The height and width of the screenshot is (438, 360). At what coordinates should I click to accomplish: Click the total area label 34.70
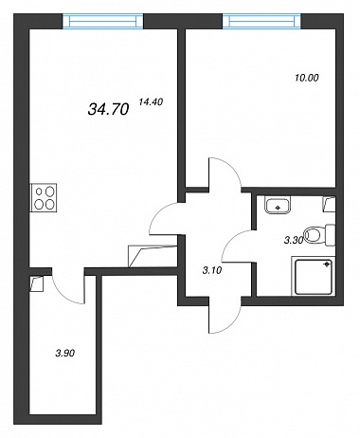pos(108,109)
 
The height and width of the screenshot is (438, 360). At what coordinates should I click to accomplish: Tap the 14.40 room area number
pos(151,101)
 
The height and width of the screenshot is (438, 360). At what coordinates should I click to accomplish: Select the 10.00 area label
pos(307,78)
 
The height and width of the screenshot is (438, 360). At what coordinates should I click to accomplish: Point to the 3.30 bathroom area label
pos(294,241)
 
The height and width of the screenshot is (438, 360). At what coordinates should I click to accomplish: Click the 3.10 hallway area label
pos(212,270)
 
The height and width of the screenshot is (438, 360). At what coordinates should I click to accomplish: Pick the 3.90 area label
pos(65,353)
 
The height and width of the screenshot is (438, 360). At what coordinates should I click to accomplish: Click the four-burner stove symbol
pos(44,198)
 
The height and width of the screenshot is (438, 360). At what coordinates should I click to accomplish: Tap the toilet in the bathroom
pos(320,235)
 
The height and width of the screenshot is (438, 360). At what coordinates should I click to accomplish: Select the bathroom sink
pos(278,206)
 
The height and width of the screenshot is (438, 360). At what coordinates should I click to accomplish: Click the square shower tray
pos(314,277)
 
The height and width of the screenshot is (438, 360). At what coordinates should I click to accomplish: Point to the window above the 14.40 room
pos(103,21)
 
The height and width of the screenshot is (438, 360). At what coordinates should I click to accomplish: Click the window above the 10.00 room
pos(261,21)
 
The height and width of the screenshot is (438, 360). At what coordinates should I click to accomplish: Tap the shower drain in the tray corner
pos(327,265)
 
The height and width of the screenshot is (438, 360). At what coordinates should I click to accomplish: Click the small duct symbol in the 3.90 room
pos(36,283)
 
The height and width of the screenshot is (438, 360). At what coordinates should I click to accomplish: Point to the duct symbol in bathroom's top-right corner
pos(329,204)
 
